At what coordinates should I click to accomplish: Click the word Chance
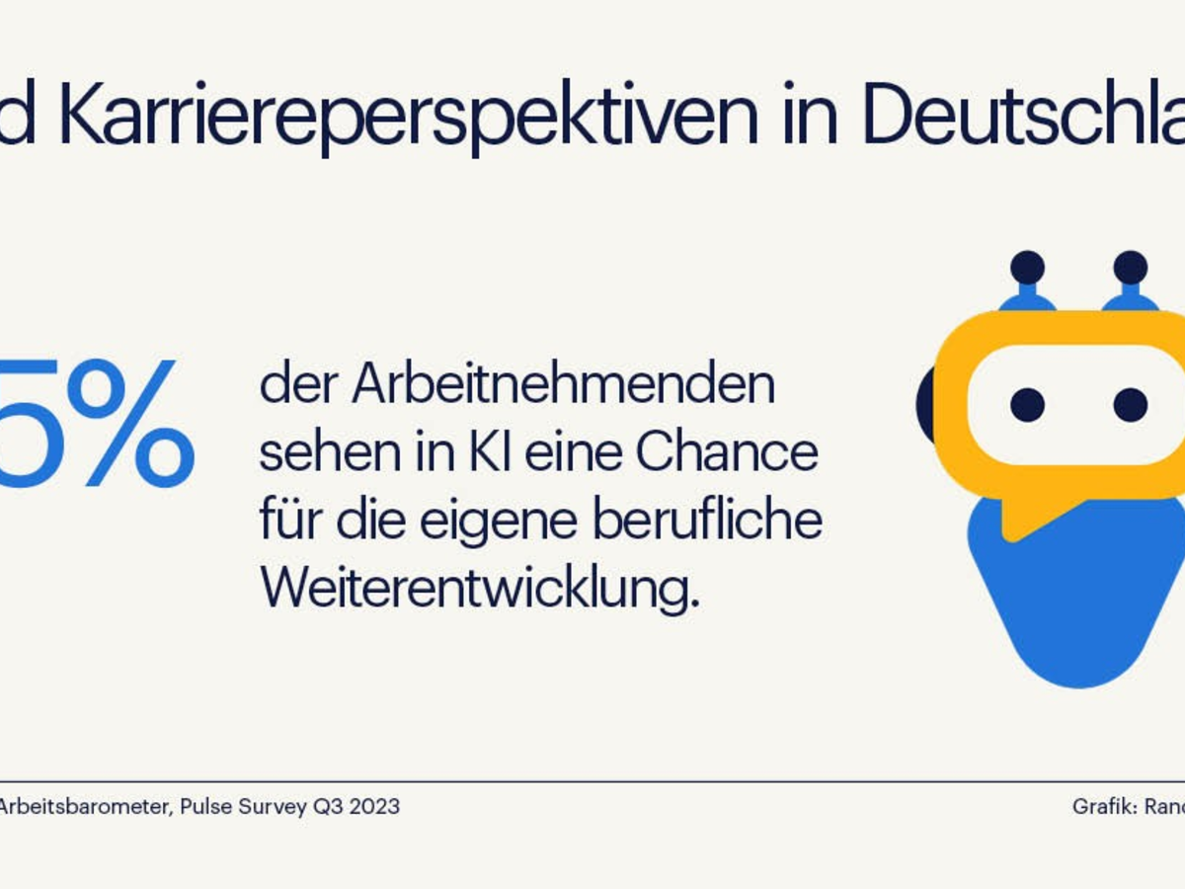[727, 453]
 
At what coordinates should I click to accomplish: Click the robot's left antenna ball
[1027, 267]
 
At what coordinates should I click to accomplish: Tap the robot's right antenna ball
[1130, 267]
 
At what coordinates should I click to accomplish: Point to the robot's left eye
[1027, 404]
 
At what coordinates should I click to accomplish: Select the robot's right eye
[1130, 404]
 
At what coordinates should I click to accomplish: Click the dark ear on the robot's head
[925, 405]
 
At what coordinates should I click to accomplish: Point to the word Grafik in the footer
[1102, 806]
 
